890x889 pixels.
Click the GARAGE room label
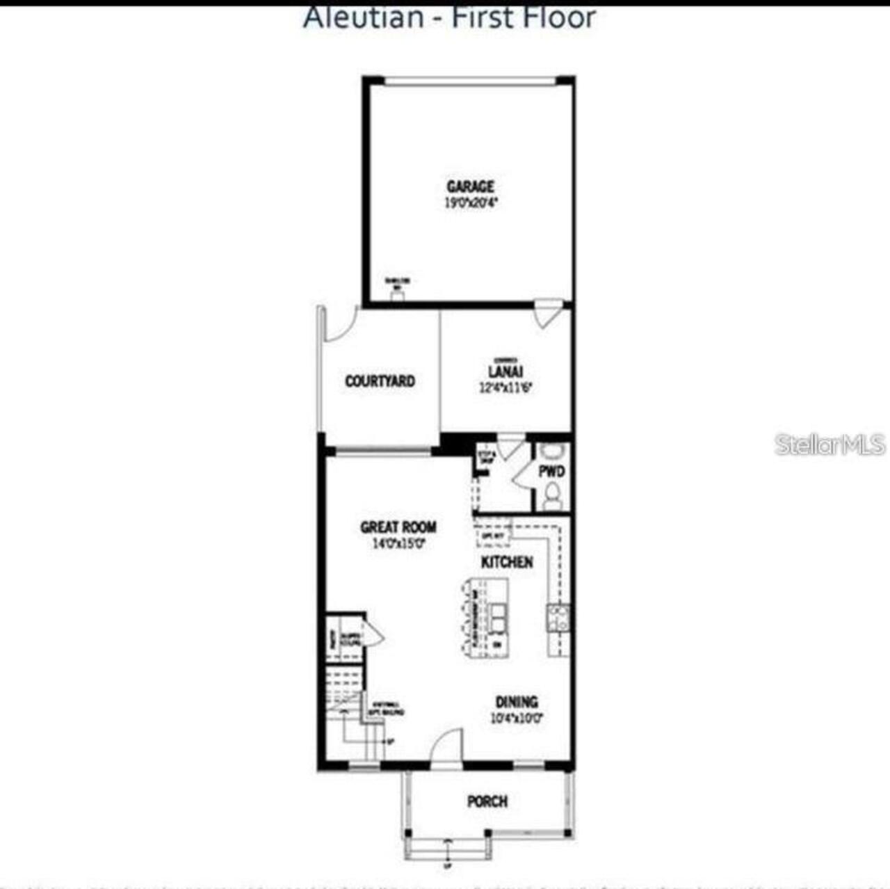point(471,186)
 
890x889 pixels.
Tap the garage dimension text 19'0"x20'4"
point(471,203)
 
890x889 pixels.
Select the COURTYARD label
point(380,381)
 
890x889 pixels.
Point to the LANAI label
point(505,372)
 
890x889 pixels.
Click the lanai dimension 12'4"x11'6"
point(505,388)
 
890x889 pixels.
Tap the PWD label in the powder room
point(551,472)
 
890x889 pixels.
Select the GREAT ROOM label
point(398,527)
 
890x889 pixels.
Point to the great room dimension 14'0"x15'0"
point(398,543)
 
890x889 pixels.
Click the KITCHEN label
point(507,562)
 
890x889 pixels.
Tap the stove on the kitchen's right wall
point(558,617)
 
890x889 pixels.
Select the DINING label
point(516,702)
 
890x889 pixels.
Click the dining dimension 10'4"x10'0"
point(517,718)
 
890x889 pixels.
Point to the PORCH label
point(487,801)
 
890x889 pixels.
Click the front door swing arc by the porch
point(446,747)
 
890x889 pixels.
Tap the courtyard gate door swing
point(339,325)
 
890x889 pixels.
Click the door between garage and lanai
point(548,312)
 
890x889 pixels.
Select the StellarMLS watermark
point(830,444)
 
